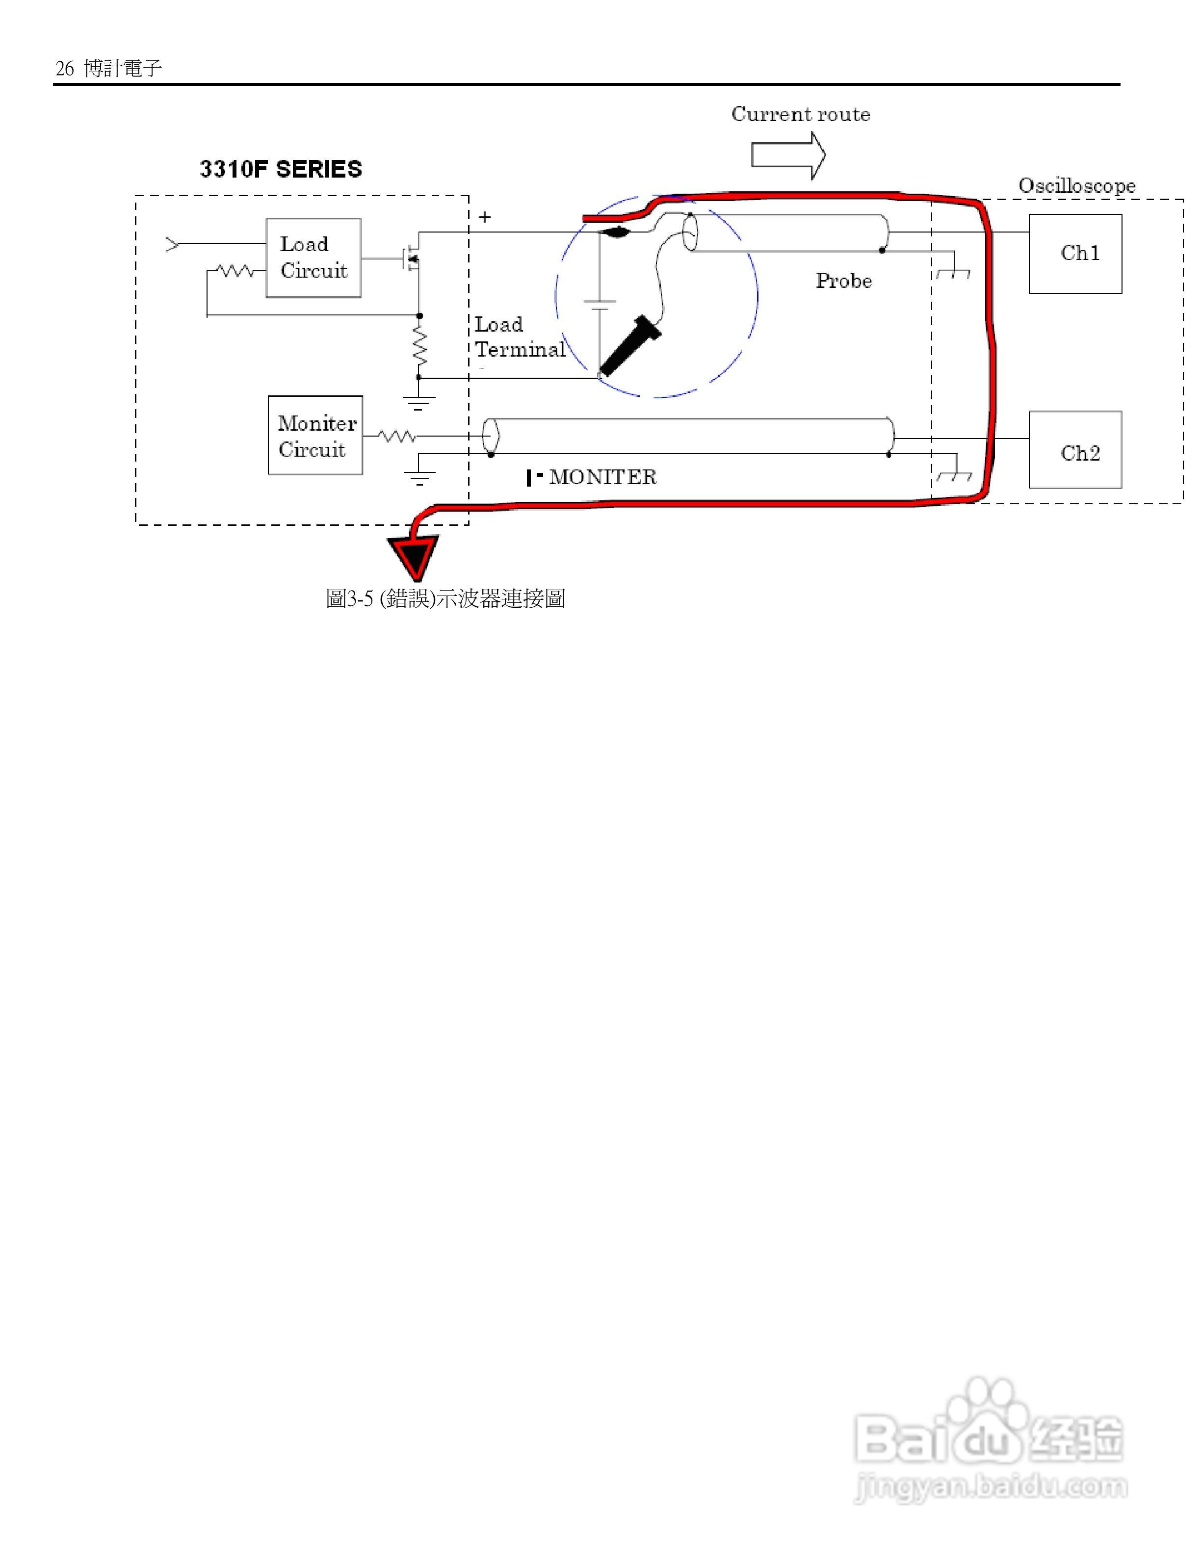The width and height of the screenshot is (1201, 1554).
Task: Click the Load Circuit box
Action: click(313, 257)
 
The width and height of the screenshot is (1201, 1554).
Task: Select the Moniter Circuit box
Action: click(314, 436)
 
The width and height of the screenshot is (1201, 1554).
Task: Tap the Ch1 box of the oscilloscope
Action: click(1075, 253)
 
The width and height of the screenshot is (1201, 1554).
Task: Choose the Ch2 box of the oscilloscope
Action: click(1075, 450)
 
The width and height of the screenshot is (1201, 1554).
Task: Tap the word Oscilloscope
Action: click(1076, 186)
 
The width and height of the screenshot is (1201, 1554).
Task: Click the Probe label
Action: click(843, 281)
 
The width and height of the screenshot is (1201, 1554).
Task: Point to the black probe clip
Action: click(629, 345)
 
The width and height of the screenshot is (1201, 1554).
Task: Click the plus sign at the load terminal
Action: click(485, 217)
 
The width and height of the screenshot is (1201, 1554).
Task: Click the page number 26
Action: click(65, 68)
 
